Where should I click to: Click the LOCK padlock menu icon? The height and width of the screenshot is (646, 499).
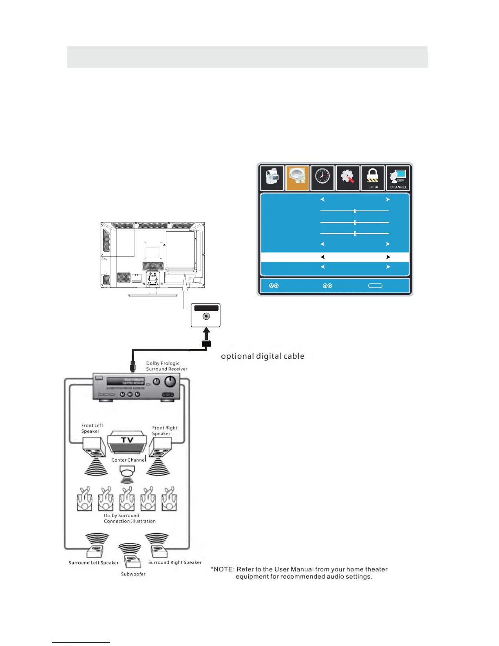pyautogui.click(x=373, y=178)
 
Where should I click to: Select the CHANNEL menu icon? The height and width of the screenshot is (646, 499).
pyautogui.click(x=398, y=178)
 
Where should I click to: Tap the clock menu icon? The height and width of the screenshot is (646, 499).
pyautogui.click(x=322, y=178)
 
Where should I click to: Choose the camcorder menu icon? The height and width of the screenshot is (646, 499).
pyautogui.click(x=272, y=178)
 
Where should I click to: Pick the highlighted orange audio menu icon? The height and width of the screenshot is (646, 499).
pyautogui.click(x=297, y=178)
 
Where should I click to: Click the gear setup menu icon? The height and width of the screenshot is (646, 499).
pyautogui.click(x=347, y=178)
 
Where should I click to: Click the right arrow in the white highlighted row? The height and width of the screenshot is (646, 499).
pyautogui.click(x=388, y=257)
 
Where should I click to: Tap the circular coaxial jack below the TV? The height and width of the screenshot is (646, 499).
pyautogui.click(x=206, y=316)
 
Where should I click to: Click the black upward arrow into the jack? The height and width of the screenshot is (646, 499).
pyautogui.click(x=206, y=334)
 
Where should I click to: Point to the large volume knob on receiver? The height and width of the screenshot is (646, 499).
pyautogui.click(x=170, y=382)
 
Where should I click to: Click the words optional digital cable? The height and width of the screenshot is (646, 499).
pyautogui.click(x=263, y=356)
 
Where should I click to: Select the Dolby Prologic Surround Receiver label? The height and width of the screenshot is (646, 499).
pyautogui.click(x=166, y=366)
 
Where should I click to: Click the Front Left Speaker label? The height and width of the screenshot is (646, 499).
pyautogui.click(x=92, y=428)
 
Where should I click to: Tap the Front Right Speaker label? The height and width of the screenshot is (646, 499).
pyautogui.click(x=165, y=431)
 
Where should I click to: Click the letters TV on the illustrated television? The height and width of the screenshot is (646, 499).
pyautogui.click(x=127, y=440)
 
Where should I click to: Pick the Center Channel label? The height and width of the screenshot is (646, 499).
pyautogui.click(x=128, y=460)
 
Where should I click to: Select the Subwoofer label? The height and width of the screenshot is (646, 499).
pyautogui.click(x=133, y=574)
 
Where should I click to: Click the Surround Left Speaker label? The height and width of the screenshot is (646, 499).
pyautogui.click(x=93, y=563)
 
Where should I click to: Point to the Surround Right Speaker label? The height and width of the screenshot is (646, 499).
pyautogui.click(x=175, y=562)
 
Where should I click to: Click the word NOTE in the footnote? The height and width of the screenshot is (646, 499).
pyautogui.click(x=224, y=569)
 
